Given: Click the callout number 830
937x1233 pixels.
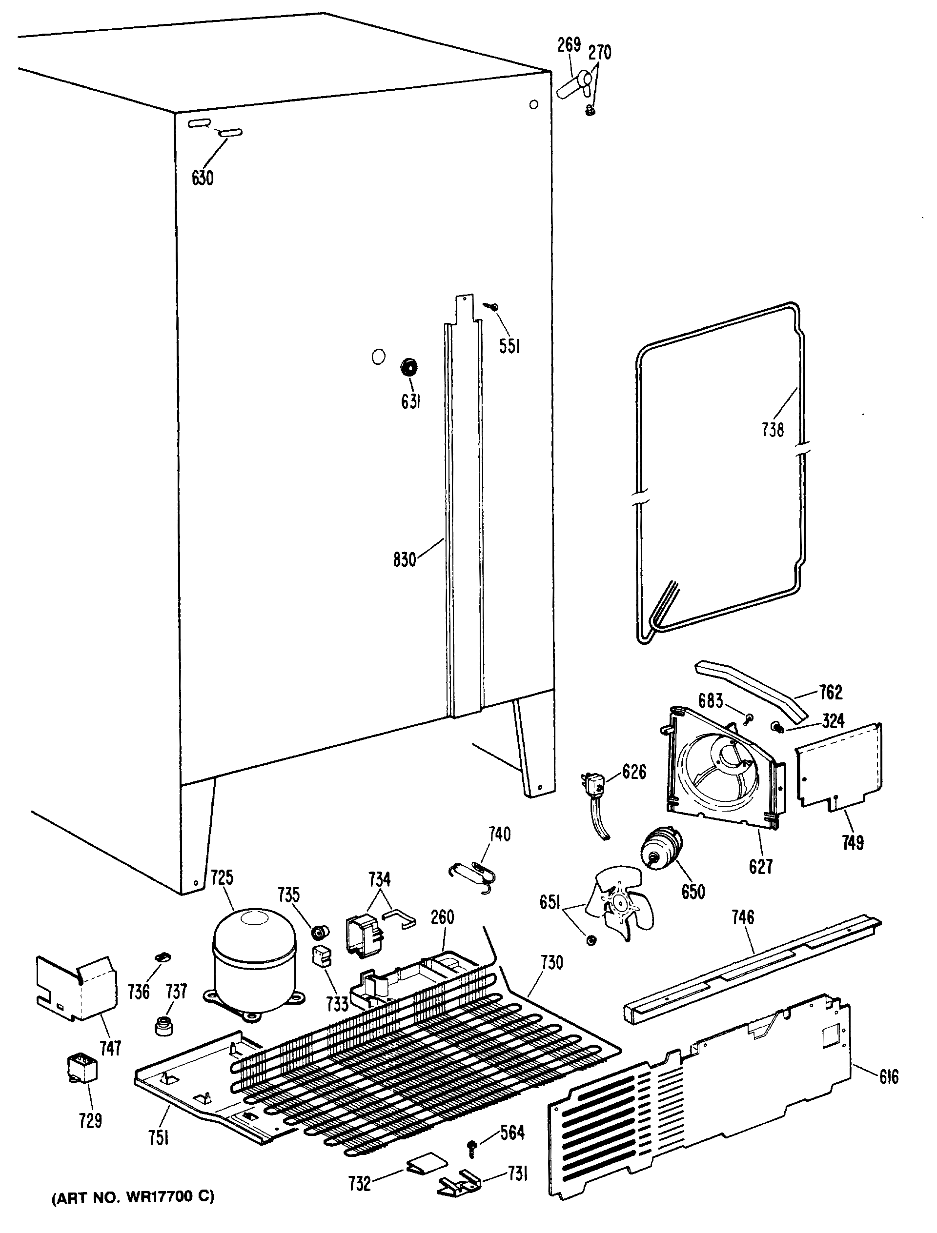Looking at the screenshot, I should point(405,559).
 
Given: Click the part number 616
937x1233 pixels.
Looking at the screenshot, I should point(889,1092).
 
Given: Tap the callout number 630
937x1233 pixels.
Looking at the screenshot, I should point(203,179).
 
